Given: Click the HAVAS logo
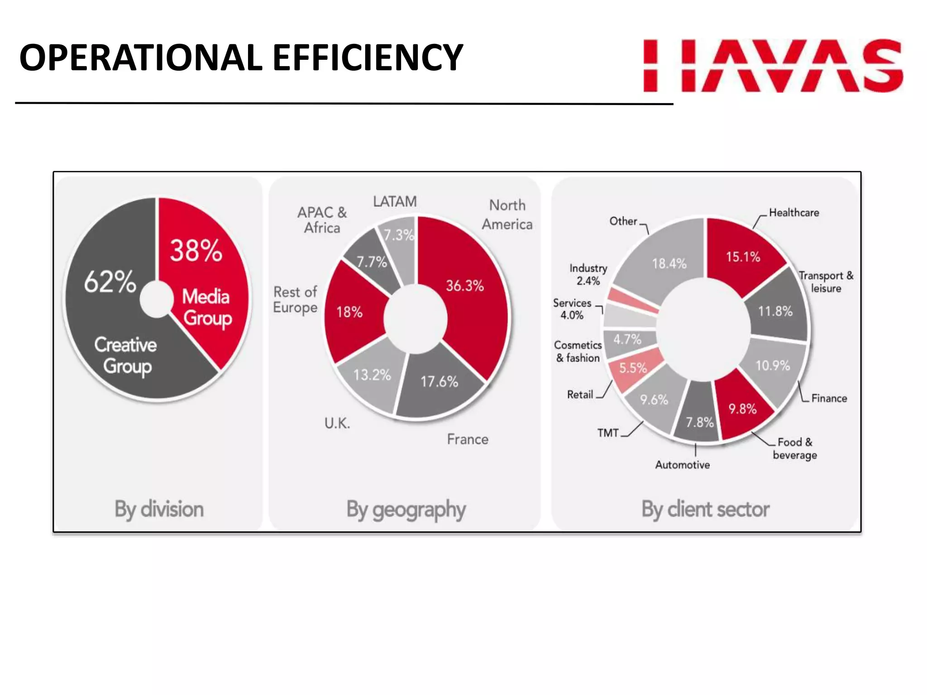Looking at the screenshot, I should pos(773,66).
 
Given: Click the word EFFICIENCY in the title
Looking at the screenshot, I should pos(368,58).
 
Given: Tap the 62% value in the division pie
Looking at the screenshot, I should pos(110,281).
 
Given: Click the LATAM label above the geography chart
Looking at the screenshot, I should pos(395,201).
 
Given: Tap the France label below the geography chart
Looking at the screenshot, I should pos(468,439).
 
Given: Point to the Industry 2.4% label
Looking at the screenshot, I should pos(588,275).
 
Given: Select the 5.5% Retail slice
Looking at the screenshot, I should pos(633,368).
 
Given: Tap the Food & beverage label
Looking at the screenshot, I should pos(795,448).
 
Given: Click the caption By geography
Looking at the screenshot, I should pos(406,509).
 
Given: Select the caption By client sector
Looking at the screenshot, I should pos(705,509).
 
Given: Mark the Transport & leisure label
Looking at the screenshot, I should pos(826,282).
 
